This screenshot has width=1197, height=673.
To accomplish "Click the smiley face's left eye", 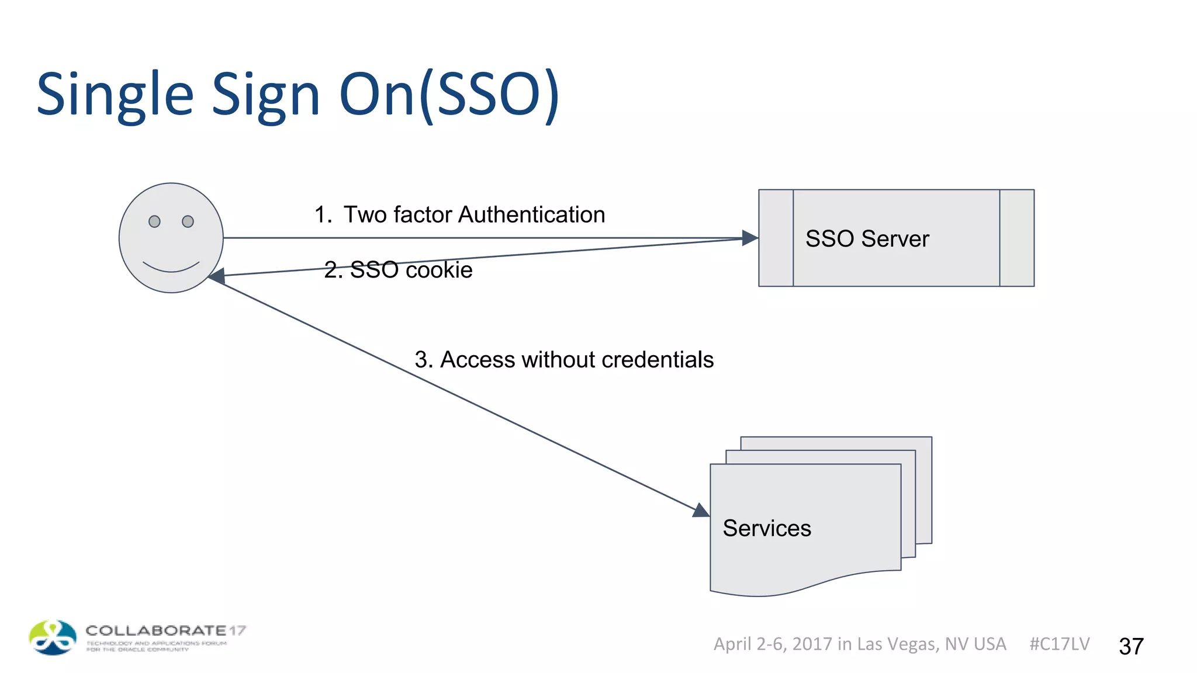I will pos(154,221).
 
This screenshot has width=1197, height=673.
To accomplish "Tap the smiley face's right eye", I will pos(188,221).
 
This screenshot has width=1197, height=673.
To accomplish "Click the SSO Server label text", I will pos(867,239).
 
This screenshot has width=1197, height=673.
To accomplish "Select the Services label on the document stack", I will pos(766,528).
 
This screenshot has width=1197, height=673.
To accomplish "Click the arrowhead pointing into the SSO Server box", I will pos(749,238).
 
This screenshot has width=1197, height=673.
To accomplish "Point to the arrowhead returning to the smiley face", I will pos(217,276).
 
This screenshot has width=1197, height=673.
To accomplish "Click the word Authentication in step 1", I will pos(531,215).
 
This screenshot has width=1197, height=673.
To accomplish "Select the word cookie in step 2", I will pos(439,270).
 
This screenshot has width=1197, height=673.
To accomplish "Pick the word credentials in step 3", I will pos(658,360).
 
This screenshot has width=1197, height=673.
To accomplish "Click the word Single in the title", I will pos(115,95).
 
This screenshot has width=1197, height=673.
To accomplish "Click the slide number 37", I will pos(1131,646).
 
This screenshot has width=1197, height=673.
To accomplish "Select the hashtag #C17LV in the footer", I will pos(1059,644).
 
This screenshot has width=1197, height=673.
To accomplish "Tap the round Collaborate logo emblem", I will pos(53,637).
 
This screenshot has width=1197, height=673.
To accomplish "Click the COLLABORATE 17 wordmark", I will pos(165,631).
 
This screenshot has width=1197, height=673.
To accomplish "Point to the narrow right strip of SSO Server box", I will pos(1016,238).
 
